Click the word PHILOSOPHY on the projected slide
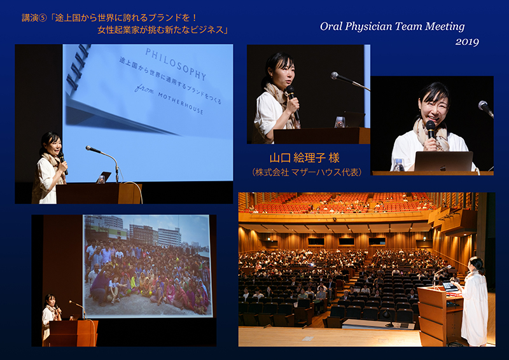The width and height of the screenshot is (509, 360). [x=176, y=64]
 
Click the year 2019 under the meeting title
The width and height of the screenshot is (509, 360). [x=467, y=42]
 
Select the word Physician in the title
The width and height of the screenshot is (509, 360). [x=368, y=27]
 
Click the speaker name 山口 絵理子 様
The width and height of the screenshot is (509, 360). [x=305, y=158]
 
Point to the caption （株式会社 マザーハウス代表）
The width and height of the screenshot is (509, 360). [x=307, y=172]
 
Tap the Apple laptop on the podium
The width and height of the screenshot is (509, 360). [x=443, y=161]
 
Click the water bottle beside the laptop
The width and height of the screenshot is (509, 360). [x=398, y=165]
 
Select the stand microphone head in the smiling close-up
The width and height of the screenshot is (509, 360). [x=484, y=107]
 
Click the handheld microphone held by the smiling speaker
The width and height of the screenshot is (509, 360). [x=431, y=129]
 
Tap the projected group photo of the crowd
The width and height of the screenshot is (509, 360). [x=148, y=266]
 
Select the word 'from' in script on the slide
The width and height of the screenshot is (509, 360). [x=144, y=88]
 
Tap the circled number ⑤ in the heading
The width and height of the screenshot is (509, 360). [x=43, y=18]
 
